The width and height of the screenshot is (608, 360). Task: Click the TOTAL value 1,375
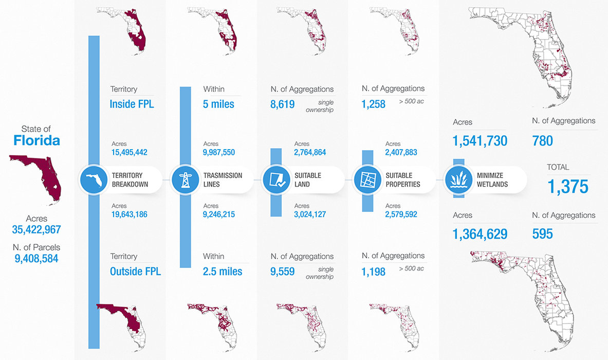pos(568,186)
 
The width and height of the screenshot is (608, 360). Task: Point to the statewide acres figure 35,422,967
pos(36,229)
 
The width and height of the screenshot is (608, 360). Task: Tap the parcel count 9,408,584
pos(36,258)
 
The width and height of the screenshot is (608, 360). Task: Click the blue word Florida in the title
pos(36,140)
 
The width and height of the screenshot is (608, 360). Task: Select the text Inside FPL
pos(132,104)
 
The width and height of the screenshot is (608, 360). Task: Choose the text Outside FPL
pos(135,271)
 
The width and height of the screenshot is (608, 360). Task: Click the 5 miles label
pos(218,104)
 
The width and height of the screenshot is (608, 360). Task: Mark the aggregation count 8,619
pos(282,105)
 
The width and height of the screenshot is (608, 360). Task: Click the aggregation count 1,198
pos(373,271)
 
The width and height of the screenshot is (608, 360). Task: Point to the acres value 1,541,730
pos(480,141)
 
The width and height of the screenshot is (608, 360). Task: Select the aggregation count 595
pos(542,234)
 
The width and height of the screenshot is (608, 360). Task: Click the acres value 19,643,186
pos(129,214)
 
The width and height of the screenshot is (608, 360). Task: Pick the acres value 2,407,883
pos(400,152)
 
